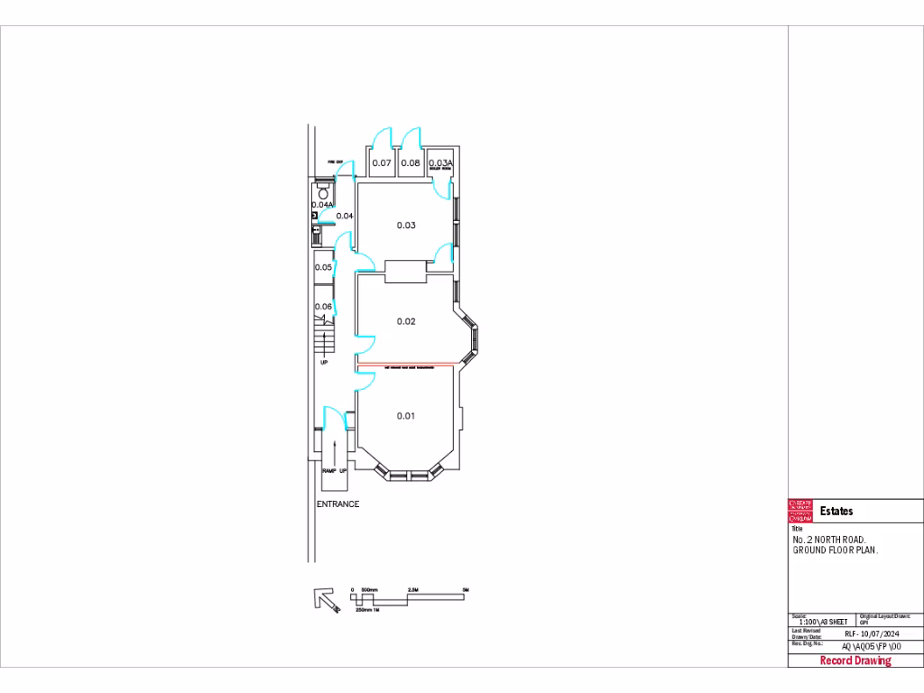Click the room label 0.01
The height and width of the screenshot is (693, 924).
pyautogui.click(x=406, y=416)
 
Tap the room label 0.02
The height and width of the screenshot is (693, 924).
pyautogui.click(x=406, y=321)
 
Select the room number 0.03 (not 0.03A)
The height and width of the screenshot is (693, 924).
pyautogui.click(x=406, y=226)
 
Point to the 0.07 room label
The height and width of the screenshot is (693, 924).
pyautogui.click(x=382, y=163)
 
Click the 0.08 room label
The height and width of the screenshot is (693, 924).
pyautogui.click(x=411, y=163)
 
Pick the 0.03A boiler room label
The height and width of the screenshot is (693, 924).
pyautogui.click(x=439, y=163)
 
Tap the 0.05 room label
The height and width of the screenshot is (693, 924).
pyautogui.click(x=323, y=267)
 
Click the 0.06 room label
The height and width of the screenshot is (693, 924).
pyautogui.click(x=323, y=307)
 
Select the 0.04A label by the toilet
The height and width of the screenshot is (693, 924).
pyautogui.click(x=323, y=205)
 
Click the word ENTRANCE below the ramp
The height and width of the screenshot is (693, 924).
pyautogui.click(x=337, y=504)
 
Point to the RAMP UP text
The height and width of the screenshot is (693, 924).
pyautogui.click(x=334, y=471)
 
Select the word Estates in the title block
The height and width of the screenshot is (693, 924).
pyautogui.click(x=836, y=512)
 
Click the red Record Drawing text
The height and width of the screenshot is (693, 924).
pyautogui.click(x=855, y=661)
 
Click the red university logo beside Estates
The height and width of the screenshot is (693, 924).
pyautogui.click(x=800, y=512)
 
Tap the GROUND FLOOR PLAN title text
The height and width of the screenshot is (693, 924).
pyautogui.click(x=835, y=550)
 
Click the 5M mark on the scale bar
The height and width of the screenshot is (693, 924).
pyautogui.click(x=466, y=590)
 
